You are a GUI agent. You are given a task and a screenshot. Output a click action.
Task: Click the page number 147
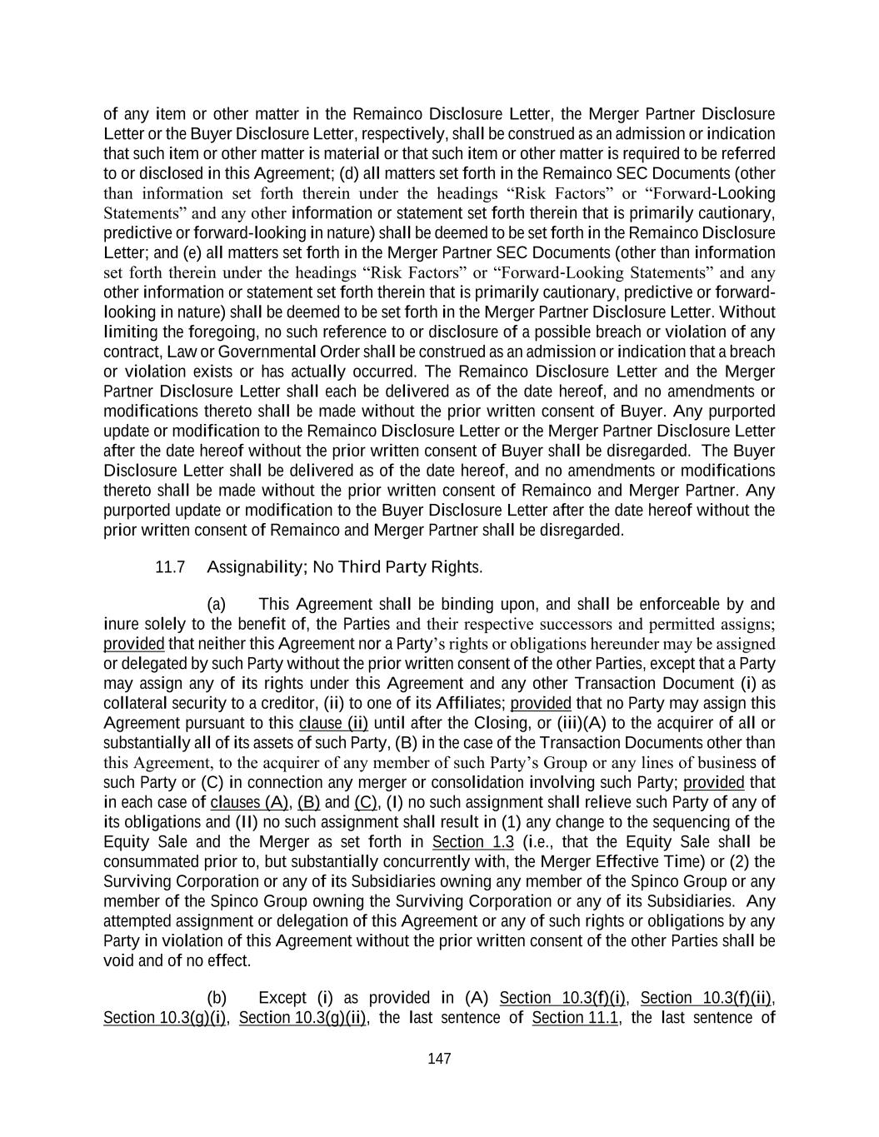(439, 1059)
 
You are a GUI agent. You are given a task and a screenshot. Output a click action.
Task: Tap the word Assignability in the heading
(256, 567)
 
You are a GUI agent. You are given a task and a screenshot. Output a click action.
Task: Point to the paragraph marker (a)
(216, 604)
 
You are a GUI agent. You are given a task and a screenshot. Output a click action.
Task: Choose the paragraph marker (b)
(216, 998)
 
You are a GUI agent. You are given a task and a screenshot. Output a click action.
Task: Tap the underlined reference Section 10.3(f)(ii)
(706, 998)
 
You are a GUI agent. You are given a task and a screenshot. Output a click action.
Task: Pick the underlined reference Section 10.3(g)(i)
(165, 1018)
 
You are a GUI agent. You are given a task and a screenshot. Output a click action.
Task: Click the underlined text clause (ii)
(333, 723)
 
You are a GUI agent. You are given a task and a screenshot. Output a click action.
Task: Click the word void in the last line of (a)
(117, 960)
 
